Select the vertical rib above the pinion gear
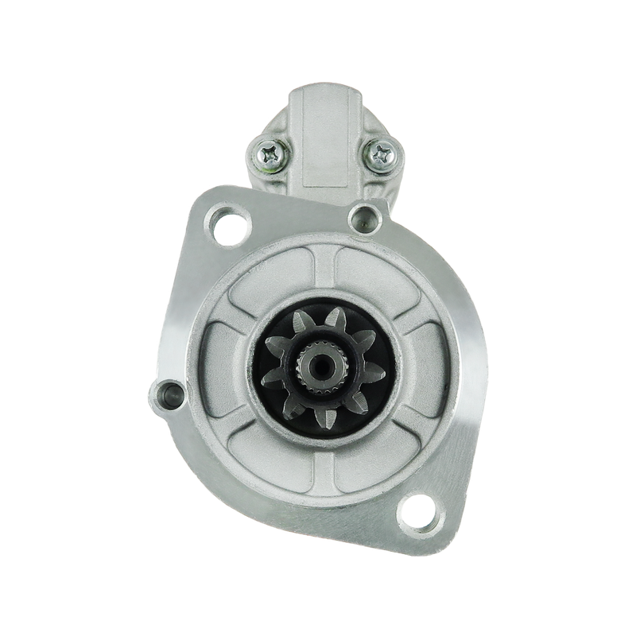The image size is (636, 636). point(325,274)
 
